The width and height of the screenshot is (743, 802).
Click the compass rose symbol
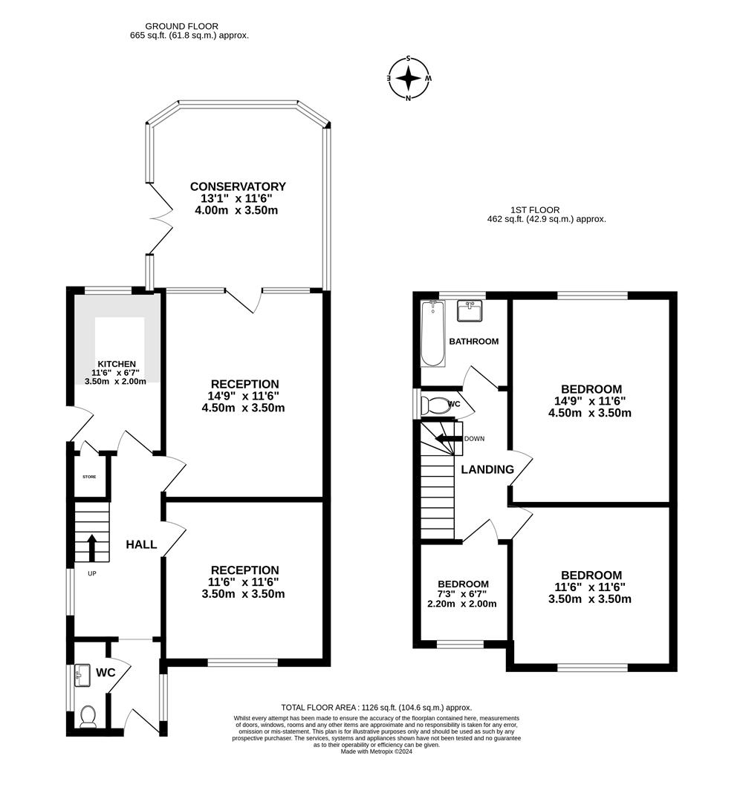pos(409,77)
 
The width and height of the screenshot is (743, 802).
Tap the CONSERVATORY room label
pos(238,186)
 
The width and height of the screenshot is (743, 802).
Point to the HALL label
pos(141,544)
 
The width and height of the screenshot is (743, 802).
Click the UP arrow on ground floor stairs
pos(92,547)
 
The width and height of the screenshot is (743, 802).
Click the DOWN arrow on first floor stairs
pos(448,438)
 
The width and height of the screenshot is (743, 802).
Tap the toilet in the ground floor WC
pos(88,716)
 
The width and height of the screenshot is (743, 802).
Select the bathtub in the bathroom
pos(432,333)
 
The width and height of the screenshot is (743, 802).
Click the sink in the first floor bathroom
pos(470,311)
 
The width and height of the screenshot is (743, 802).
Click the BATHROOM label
pos(473,342)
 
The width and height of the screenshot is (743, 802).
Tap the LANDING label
pos(487,469)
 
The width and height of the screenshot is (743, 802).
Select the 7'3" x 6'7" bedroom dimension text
pos(462,593)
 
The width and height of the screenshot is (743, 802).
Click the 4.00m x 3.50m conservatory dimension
pos(236,210)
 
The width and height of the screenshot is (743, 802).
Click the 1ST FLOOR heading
pos(534,210)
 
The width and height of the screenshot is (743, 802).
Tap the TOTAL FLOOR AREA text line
pos(376,708)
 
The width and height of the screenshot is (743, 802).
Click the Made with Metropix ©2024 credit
pos(376,752)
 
